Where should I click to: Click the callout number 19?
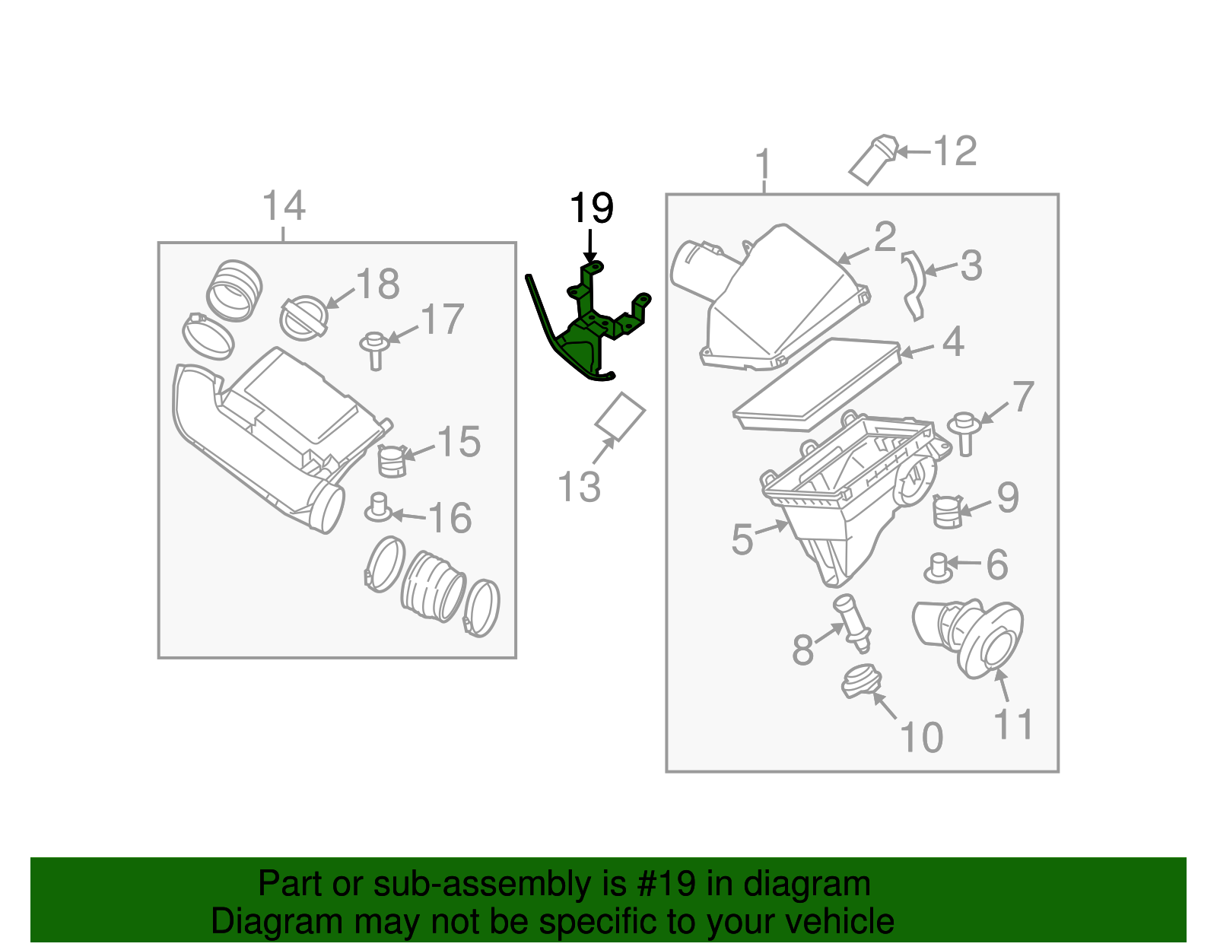point(591,208)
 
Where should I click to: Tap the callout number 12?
point(955,151)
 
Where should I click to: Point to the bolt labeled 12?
point(873,160)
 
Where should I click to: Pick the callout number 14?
point(284,206)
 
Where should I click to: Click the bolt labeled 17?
point(374,349)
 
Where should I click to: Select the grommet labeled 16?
point(378,507)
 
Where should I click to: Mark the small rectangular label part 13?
point(620,416)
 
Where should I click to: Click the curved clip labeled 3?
point(914,286)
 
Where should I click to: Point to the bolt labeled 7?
point(964,433)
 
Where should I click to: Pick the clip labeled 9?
point(947,510)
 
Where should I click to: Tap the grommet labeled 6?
point(939,567)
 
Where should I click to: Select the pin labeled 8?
point(853,621)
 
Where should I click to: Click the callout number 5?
point(742,539)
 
